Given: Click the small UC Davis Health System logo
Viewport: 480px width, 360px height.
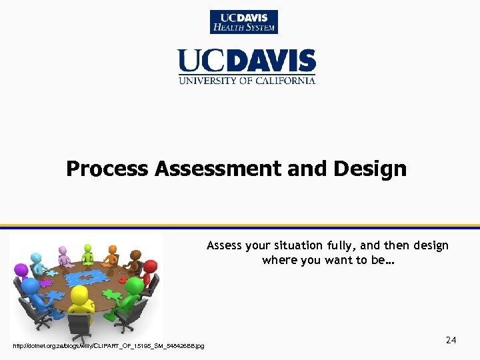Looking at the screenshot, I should [244, 22].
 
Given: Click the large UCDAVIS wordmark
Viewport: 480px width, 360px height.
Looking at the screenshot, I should [246, 61].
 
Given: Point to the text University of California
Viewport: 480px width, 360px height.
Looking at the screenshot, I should [246, 81].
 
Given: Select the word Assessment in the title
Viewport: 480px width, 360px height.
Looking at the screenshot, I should [218, 169].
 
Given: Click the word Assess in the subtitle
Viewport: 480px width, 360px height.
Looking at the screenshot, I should [223, 245].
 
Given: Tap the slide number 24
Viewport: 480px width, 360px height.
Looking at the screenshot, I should [451, 341].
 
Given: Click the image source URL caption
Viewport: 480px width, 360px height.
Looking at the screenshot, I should [109, 345].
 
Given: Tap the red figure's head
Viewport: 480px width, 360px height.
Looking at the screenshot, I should [150, 267].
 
